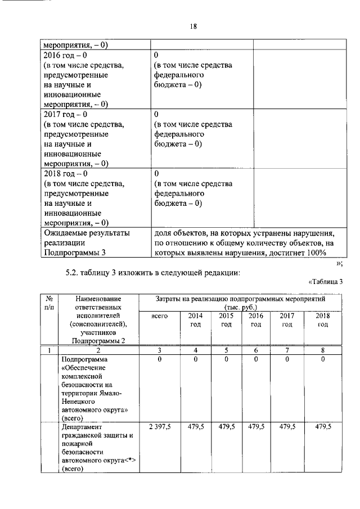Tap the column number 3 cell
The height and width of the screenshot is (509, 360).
pos(160,350)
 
